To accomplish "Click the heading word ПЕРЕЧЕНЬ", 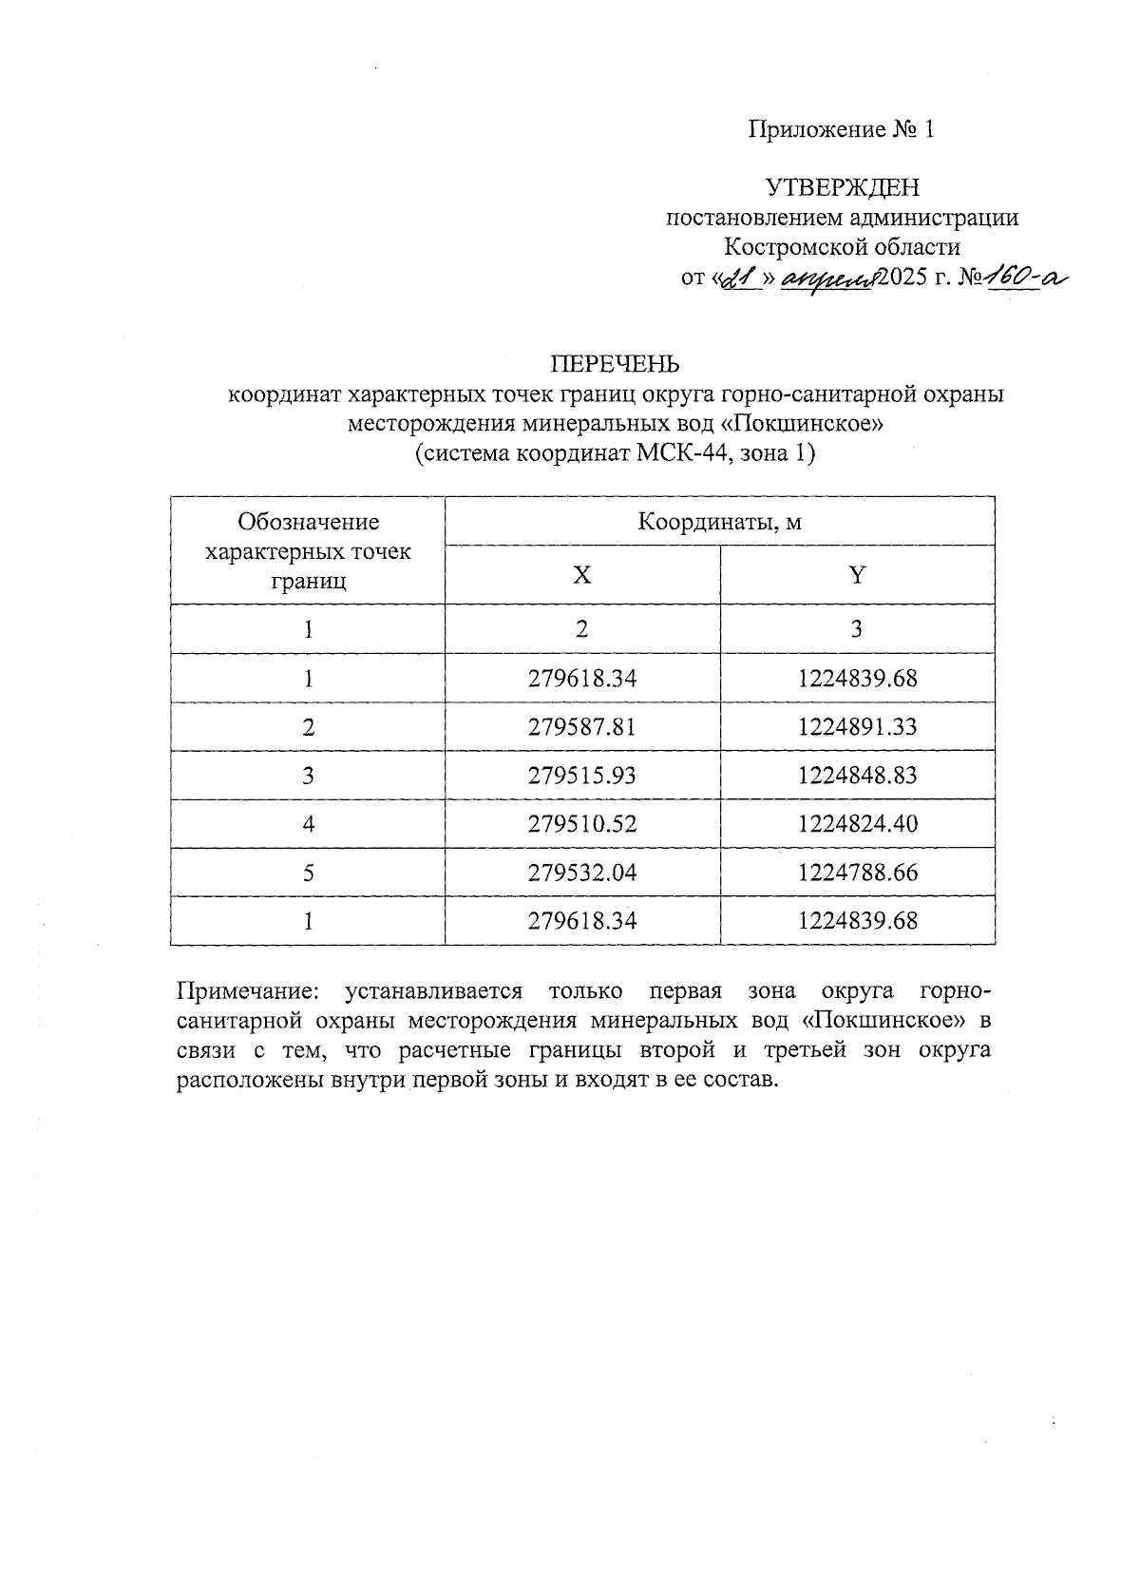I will (x=616, y=364).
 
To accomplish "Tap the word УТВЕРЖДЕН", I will (x=843, y=187).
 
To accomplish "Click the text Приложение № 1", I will (x=842, y=129).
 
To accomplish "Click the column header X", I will (x=581, y=575).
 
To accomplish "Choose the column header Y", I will (x=857, y=575).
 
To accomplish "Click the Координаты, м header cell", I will (x=719, y=522).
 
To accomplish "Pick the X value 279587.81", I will (x=581, y=727).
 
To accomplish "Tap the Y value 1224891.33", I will (x=858, y=727).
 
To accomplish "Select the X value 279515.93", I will (x=581, y=776).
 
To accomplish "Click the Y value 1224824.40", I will (x=858, y=824).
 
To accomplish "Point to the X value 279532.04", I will (x=581, y=873).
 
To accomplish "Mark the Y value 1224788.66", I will (x=858, y=873).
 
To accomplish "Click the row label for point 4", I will (x=308, y=824).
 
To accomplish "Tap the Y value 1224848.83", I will (x=858, y=776).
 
